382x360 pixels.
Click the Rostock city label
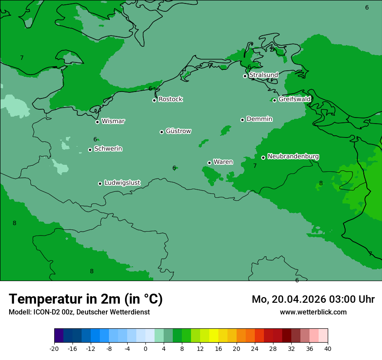coord(170,99)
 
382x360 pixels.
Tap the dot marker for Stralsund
coord(245,76)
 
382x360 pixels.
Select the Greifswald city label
coord(294,99)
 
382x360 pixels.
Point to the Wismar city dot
coord(97,122)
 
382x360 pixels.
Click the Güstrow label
coord(178,131)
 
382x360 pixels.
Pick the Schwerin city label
coord(108,149)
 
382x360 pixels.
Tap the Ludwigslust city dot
coord(100,183)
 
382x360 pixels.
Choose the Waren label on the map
coord(223,162)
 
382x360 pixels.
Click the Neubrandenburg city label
coord(293,156)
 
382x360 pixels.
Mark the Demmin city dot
coord(242,120)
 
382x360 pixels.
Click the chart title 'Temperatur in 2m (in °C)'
coord(86,299)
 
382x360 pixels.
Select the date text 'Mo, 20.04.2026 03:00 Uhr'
coord(313,299)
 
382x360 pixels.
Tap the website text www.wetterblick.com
coord(313,312)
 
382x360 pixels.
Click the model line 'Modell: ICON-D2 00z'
coord(79,312)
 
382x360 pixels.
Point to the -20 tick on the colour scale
coord(54,349)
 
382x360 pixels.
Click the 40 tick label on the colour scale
coord(328,349)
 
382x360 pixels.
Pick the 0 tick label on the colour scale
coord(145,349)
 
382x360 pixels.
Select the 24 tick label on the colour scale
coord(255,349)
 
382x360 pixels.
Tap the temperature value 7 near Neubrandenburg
coord(255,166)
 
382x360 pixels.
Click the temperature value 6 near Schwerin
coord(95,139)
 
